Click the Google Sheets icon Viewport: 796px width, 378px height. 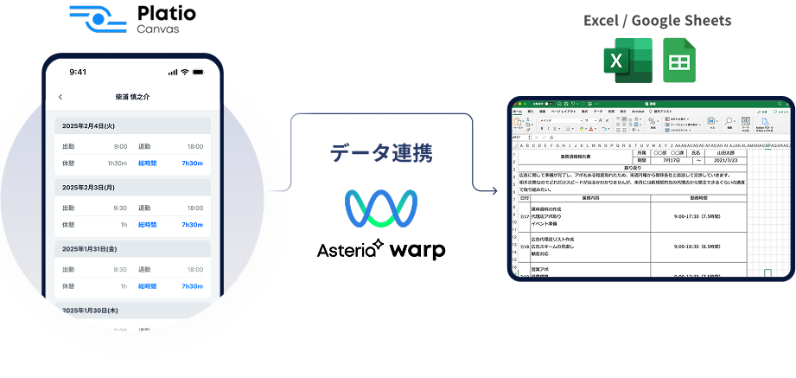coord(679,61)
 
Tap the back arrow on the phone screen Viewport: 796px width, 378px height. coord(60,97)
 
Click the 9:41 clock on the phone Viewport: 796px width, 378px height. coord(78,72)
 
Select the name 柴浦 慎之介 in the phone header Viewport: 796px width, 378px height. coord(132,97)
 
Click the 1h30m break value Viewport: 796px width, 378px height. coord(117,163)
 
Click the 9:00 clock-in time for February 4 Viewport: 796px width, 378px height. coord(120,146)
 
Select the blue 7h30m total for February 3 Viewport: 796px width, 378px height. coord(192,225)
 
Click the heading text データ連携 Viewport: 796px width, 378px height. coord(380,153)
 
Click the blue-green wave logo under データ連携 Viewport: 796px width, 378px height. coord(381,208)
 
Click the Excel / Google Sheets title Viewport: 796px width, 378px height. coord(657,21)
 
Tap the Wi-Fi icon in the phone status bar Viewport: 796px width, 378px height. coord(185,72)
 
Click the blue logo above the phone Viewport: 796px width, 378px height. coord(98,18)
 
